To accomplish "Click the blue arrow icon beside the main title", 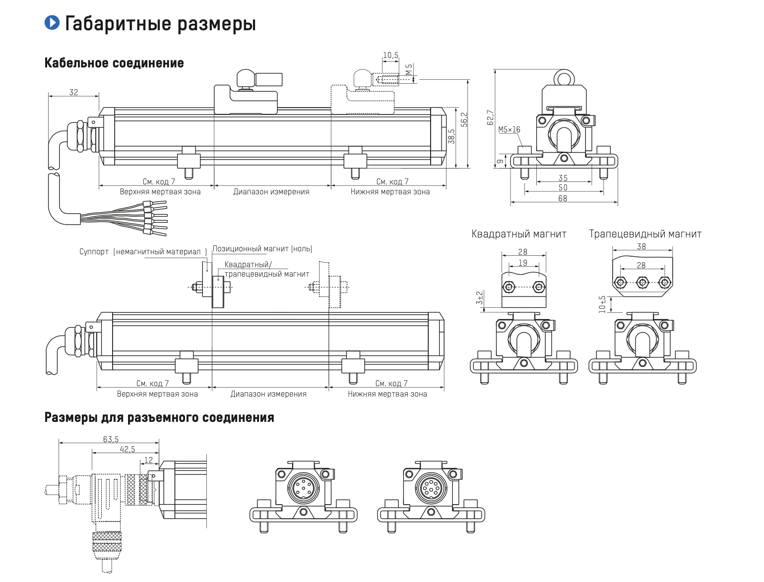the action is pos(52,22).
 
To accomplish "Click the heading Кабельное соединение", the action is pos(114,63).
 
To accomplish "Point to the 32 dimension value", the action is pos(73,92).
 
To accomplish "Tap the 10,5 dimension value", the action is pos(390,56).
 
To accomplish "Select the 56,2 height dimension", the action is pos(464,119).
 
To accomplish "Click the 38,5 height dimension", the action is pos(451,136).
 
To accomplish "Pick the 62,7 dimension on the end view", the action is pos(491,117).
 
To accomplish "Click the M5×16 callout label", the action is pos(509,130).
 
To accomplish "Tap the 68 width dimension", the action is pos(563,198).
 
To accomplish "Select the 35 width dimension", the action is pos(563,178).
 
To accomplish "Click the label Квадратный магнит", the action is pos(518,234).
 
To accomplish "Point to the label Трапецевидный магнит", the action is pos(645,234).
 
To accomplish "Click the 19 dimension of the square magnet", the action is pos(523,263).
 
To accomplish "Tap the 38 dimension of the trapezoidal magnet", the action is pos(641,246).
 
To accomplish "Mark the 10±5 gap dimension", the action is pos(602,304).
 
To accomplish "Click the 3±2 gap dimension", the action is pos(479,298).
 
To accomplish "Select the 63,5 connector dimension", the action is pos(111,439).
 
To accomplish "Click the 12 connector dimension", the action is pos(148,460).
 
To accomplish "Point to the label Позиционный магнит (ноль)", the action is pos(262,249).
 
